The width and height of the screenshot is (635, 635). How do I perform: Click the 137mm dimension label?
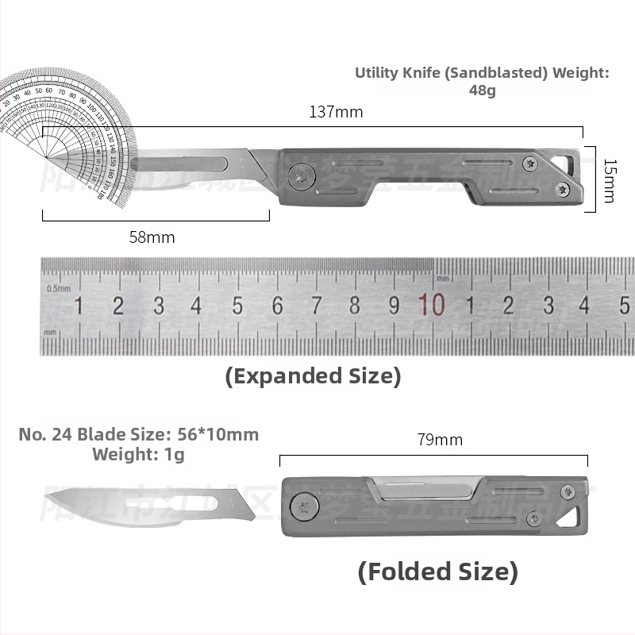pos(336,112)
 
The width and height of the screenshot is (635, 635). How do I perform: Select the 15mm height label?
pos(609,179)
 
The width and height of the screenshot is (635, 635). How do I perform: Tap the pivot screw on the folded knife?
pos(302,506)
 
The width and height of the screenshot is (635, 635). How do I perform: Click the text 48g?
pos(482,90)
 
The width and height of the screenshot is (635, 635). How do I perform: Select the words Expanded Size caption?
pos(314,375)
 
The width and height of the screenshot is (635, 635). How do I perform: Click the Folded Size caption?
pos(437,571)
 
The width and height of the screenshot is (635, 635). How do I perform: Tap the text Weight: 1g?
pos(138,454)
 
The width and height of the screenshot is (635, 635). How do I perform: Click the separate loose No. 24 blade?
pos(151,506)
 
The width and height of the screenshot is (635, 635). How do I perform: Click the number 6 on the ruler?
pos(277,306)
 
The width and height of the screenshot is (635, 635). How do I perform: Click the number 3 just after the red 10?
pos(548,306)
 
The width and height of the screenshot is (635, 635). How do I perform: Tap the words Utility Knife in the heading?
pos(396,73)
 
